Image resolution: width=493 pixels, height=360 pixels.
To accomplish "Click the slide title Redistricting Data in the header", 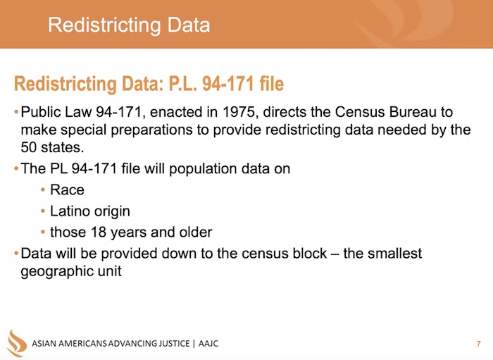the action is pyautogui.click(x=129, y=25).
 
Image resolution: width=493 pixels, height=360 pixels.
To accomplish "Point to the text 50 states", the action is pyautogui.click(x=52, y=147).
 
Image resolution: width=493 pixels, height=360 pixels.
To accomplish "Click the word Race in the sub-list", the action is pyautogui.click(x=68, y=190).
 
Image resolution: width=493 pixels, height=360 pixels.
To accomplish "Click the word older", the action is pyautogui.click(x=196, y=232).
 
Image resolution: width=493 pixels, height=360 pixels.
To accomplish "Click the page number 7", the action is pyautogui.click(x=478, y=344).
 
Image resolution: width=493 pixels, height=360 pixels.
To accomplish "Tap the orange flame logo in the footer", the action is pyautogui.click(x=17, y=343).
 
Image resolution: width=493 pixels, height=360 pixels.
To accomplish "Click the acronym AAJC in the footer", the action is pyautogui.click(x=208, y=343).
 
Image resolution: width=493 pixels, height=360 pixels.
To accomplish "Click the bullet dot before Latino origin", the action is pyautogui.click(x=43, y=211).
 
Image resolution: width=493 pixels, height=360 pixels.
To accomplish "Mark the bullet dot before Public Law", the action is pyautogui.click(x=16, y=112).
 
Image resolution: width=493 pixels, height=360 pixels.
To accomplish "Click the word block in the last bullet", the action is pyautogui.click(x=310, y=254).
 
